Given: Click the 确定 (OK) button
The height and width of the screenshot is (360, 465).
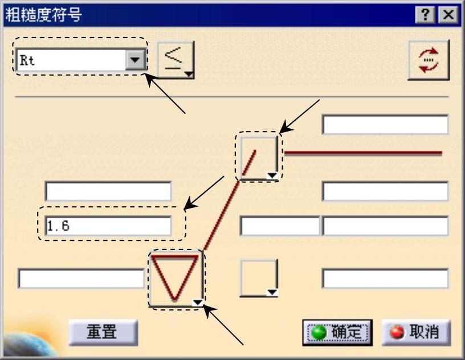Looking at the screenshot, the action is [x=337, y=332].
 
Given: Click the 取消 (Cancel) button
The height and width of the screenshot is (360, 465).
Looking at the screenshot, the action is [x=416, y=332].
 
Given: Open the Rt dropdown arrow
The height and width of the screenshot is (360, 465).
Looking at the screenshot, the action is [x=135, y=59].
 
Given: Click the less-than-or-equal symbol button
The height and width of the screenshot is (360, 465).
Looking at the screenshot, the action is [x=176, y=59].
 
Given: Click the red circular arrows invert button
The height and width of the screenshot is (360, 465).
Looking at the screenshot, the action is [x=429, y=59].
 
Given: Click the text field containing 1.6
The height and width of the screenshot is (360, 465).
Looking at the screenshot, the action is [x=108, y=226].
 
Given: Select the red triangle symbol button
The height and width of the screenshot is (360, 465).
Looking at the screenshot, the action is [x=175, y=277].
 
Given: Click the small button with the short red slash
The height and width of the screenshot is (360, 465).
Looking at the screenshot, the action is [x=258, y=157].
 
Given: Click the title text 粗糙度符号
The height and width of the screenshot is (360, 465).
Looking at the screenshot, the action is [x=43, y=15].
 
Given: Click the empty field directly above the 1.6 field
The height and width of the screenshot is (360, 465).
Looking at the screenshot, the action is [x=108, y=191].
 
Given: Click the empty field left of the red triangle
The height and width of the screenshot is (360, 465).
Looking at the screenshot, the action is [x=81, y=279].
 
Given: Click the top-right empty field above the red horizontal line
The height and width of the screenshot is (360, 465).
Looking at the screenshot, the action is [x=385, y=124].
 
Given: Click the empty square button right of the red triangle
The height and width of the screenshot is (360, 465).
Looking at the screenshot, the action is [x=258, y=277].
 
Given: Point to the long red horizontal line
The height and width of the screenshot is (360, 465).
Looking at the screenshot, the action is [x=363, y=153].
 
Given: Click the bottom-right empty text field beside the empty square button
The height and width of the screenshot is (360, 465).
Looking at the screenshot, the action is [x=385, y=279].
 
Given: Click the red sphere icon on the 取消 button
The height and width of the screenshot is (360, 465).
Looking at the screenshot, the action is [x=397, y=332].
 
